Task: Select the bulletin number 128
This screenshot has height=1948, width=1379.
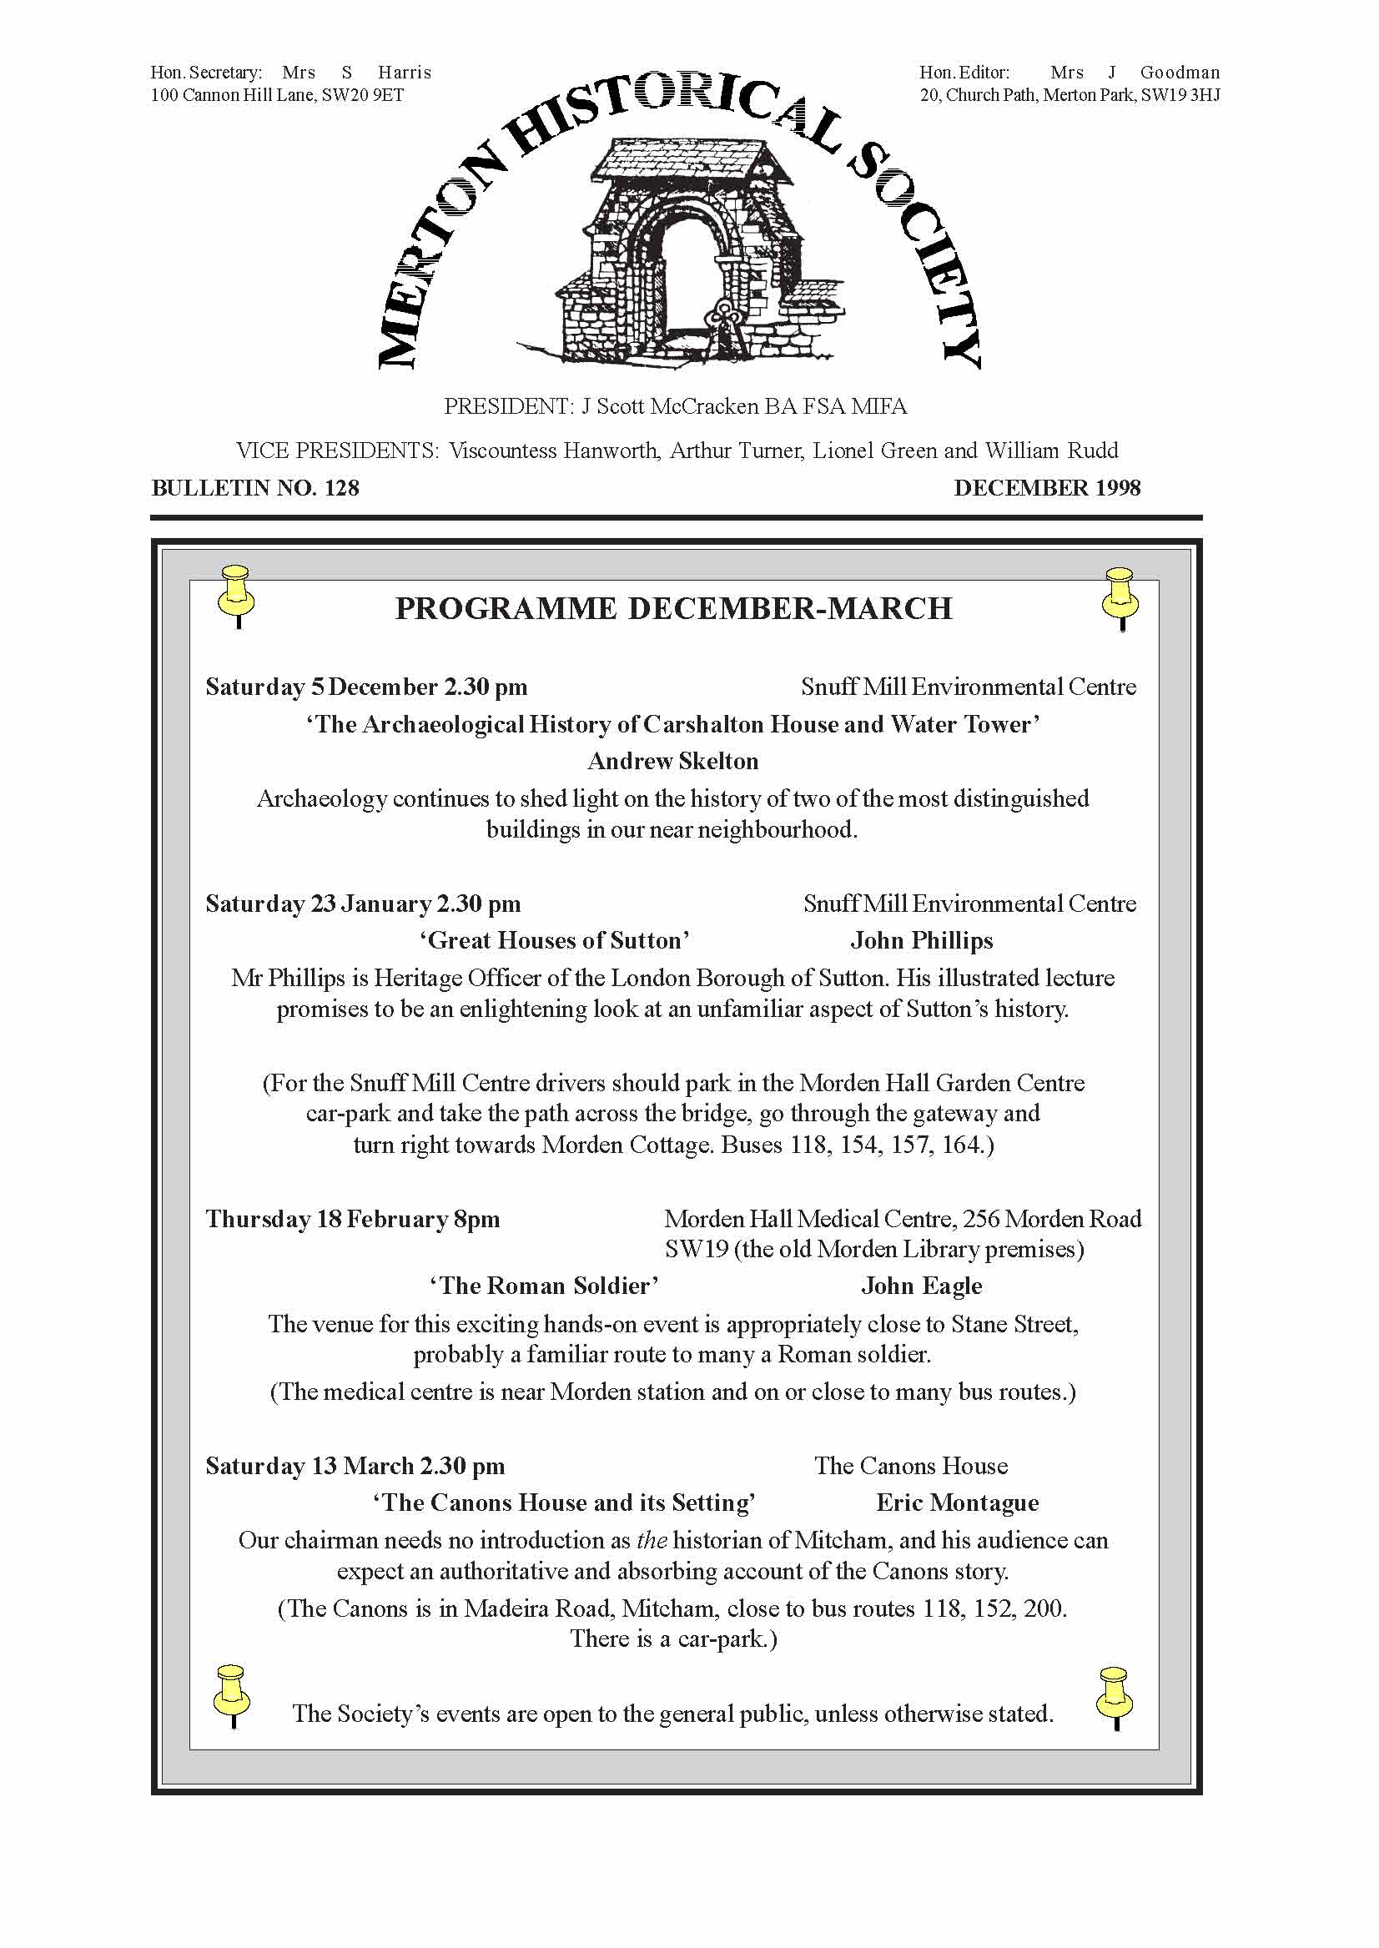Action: (341, 488)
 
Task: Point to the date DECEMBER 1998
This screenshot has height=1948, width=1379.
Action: (1046, 488)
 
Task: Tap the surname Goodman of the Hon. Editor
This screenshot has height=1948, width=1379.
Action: (1180, 73)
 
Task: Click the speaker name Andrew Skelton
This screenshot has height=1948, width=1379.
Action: (672, 761)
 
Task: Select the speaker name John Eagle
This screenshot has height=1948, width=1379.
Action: (921, 1286)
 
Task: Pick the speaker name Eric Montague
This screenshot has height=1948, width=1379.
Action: (957, 1503)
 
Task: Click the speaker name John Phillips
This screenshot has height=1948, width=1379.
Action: (921, 941)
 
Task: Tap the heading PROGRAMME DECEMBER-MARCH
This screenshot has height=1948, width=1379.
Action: (673, 609)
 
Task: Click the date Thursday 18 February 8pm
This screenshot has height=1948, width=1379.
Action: (352, 1220)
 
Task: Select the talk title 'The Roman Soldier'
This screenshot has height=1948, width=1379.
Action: (544, 1286)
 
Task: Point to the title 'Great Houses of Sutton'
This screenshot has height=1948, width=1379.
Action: (555, 941)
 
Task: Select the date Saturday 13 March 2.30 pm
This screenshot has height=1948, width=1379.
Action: (355, 1466)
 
